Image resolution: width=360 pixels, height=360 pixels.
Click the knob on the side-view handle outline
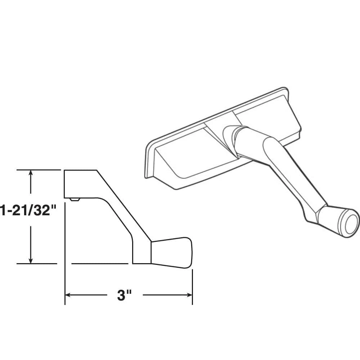point(171,252)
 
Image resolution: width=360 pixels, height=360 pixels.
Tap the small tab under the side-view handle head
point(75,199)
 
